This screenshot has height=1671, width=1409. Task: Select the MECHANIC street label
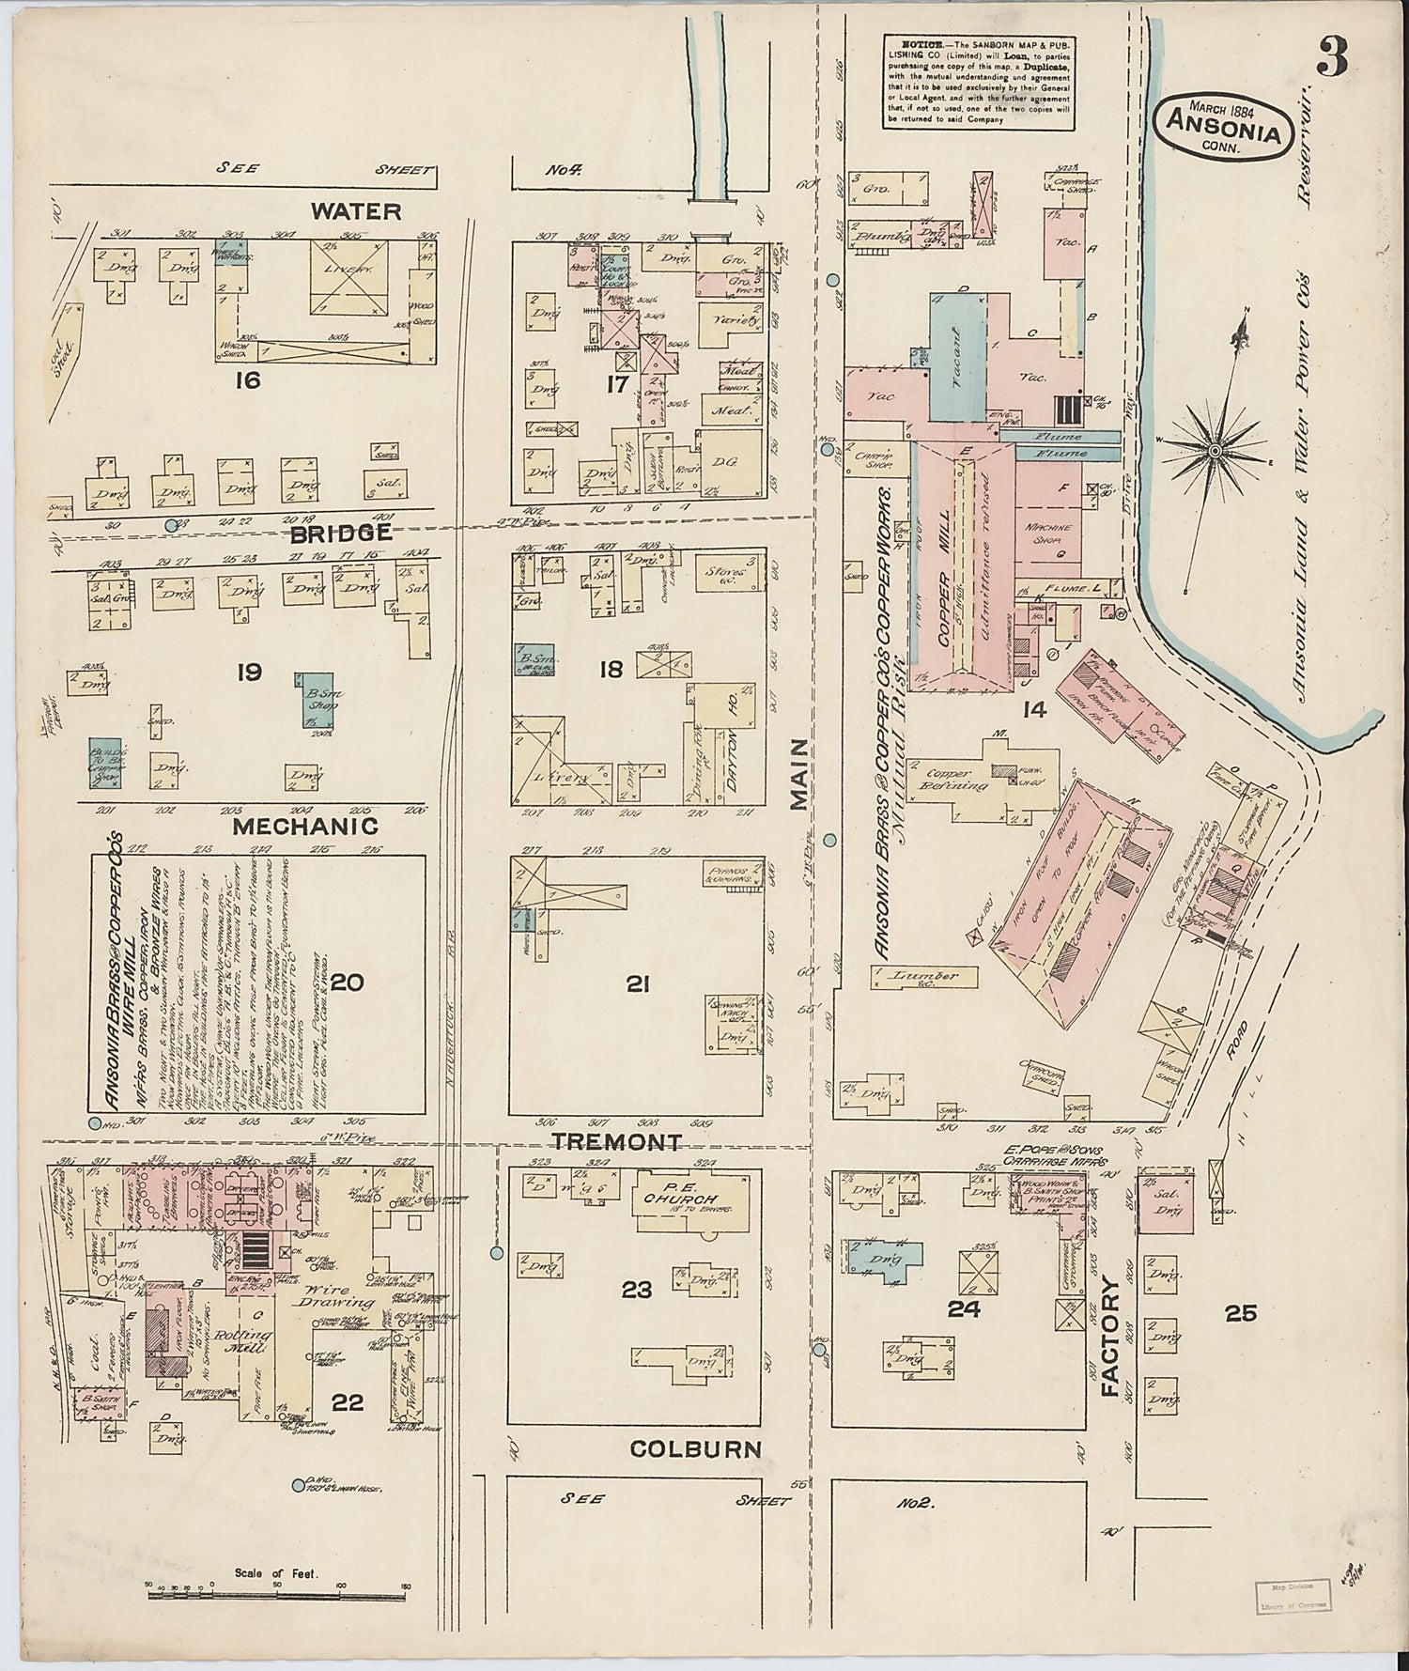[305, 827]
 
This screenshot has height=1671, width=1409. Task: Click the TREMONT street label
[616, 1142]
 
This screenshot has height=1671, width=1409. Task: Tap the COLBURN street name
[695, 1449]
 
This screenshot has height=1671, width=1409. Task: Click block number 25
[1240, 1313]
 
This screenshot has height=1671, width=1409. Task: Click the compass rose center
[1215, 451]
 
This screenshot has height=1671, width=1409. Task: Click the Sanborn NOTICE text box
[979, 83]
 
